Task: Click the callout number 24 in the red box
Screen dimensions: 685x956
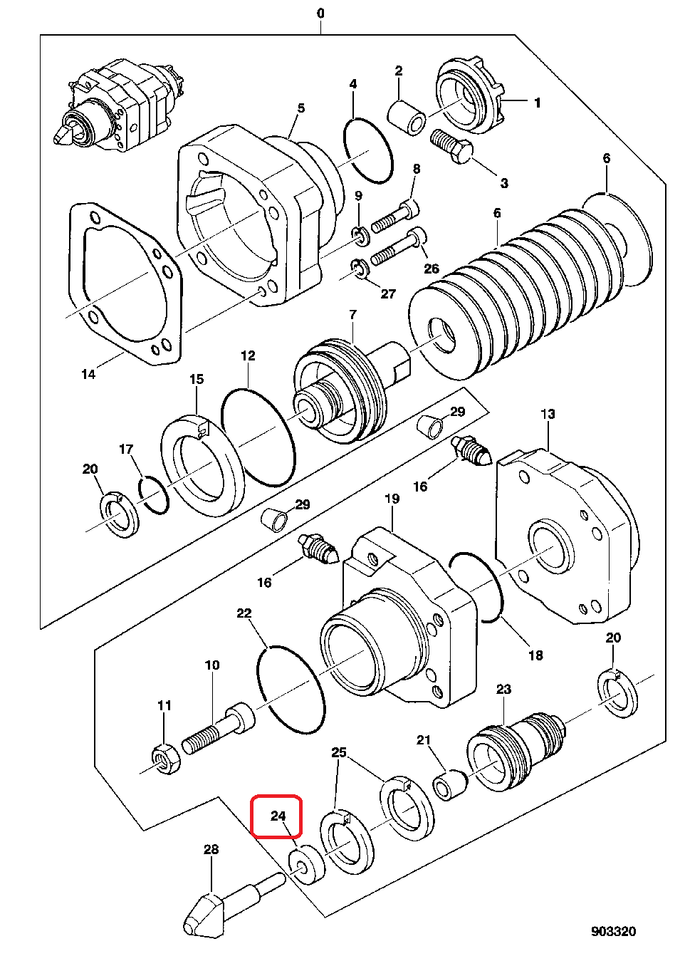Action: (x=278, y=816)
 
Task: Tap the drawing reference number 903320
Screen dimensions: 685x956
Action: (x=613, y=931)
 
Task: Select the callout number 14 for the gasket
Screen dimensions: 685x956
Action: (x=88, y=374)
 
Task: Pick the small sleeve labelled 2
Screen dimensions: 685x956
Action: (x=407, y=118)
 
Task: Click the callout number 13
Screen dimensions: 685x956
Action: (x=548, y=414)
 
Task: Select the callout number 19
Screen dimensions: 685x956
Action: (x=392, y=499)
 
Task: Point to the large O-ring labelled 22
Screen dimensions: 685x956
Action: (x=291, y=690)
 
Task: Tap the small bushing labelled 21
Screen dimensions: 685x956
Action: (x=451, y=785)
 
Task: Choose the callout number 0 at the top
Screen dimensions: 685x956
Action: (x=320, y=14)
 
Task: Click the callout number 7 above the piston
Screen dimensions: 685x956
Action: (x=352, y=315)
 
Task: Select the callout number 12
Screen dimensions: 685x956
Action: (x=248, y=355)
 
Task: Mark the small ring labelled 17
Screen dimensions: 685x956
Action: (x=154, y=494)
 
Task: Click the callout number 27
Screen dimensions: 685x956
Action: (x=387, y=293)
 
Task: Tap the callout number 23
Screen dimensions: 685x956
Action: (x=503, y=689)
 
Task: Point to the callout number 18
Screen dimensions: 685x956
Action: (x=535, y=655)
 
